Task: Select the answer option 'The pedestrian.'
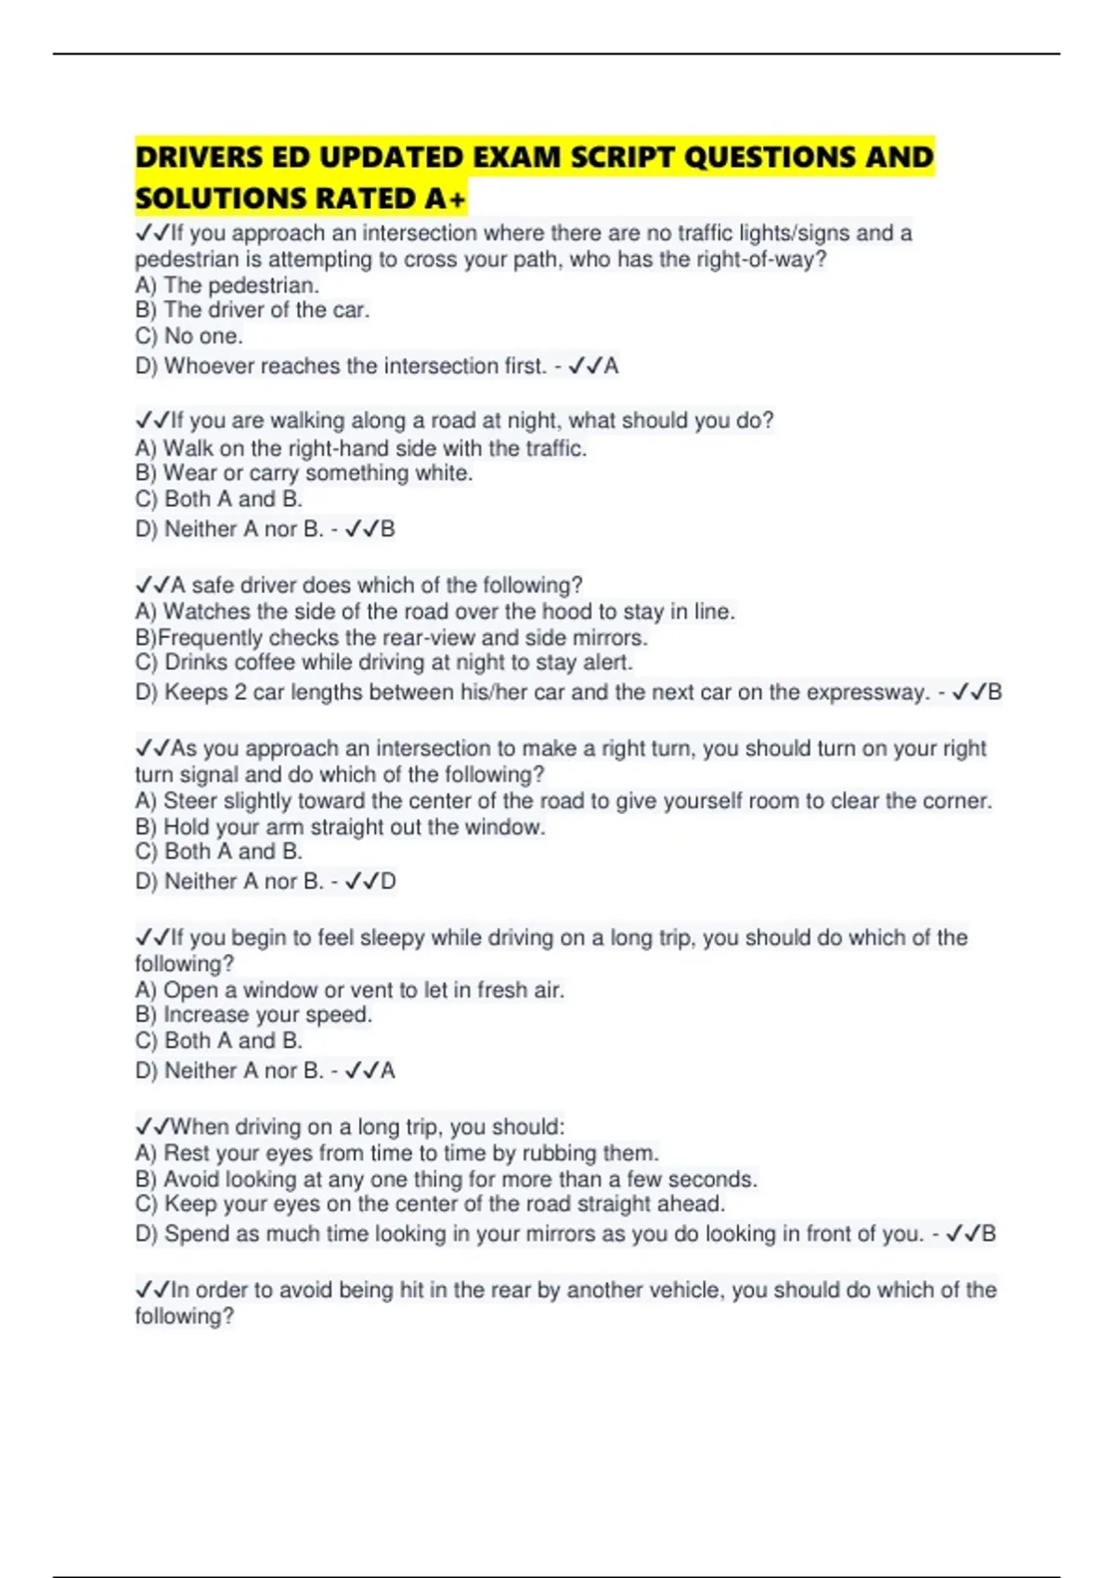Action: [x=240, y=285]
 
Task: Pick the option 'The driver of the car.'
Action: [x=266, y=310]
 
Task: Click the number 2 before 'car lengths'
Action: [x=240, y=692]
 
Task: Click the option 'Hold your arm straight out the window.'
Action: [x=354, y=827]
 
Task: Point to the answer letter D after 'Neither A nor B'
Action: [x=388, y=882]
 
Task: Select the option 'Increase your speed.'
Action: [x=267, y=1015]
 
